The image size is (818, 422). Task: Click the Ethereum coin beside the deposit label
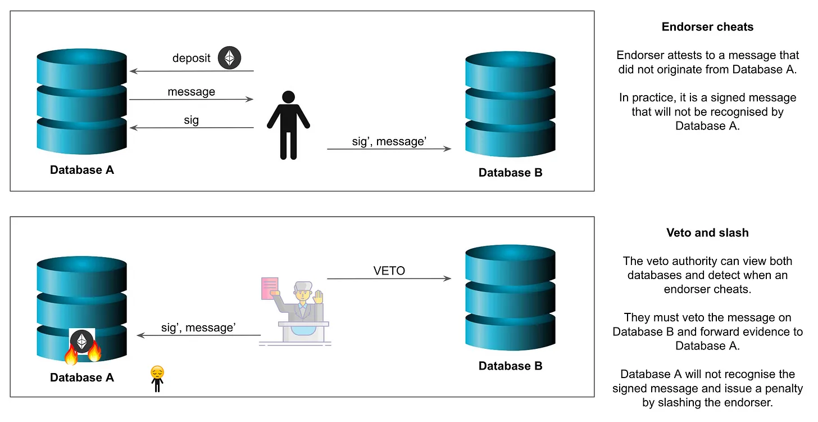229,57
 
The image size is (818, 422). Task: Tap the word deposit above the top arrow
192,58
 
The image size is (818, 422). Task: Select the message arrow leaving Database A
191,100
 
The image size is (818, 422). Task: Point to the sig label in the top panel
191,120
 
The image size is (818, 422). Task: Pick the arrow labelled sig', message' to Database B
389,149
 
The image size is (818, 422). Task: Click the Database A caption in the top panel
82,170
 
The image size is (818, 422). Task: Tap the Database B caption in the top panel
510,173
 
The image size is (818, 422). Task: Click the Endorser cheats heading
707,27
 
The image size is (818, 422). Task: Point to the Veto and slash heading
707,233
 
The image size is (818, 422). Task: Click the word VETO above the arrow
389,271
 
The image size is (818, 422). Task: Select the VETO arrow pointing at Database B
389,279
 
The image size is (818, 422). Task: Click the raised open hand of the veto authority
319,297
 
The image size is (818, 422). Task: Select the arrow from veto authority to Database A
199,336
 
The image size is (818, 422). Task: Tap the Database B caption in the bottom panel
510,366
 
